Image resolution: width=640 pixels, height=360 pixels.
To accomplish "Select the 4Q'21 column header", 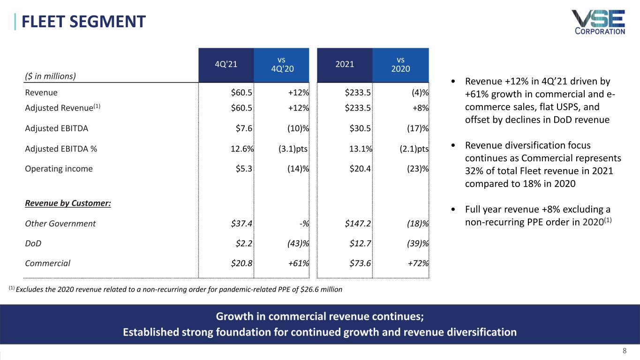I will [x=226, y=65].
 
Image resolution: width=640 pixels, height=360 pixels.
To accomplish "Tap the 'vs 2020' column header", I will [x=400, y=65].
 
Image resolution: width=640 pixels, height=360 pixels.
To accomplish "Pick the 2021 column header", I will [x=345, y=65].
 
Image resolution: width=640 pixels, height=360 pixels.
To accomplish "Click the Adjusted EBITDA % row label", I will [x=61, y=149].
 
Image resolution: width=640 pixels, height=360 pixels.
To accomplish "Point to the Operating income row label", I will [x=59, y=169].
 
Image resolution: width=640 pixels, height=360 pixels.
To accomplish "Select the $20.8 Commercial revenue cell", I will [x=242, y=263].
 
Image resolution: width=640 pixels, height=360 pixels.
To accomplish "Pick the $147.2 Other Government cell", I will [x=359, y=224].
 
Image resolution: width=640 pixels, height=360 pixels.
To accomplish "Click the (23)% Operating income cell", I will [x=417, y=169].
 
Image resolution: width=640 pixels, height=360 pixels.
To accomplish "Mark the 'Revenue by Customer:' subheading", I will [x=68, y=204].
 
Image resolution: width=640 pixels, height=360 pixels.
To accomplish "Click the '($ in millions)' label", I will [x=50, y=75].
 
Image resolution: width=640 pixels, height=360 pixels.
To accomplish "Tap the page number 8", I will [x=624, y=351].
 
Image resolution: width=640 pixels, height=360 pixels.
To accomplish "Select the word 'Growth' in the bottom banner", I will [x=232, y=316].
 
